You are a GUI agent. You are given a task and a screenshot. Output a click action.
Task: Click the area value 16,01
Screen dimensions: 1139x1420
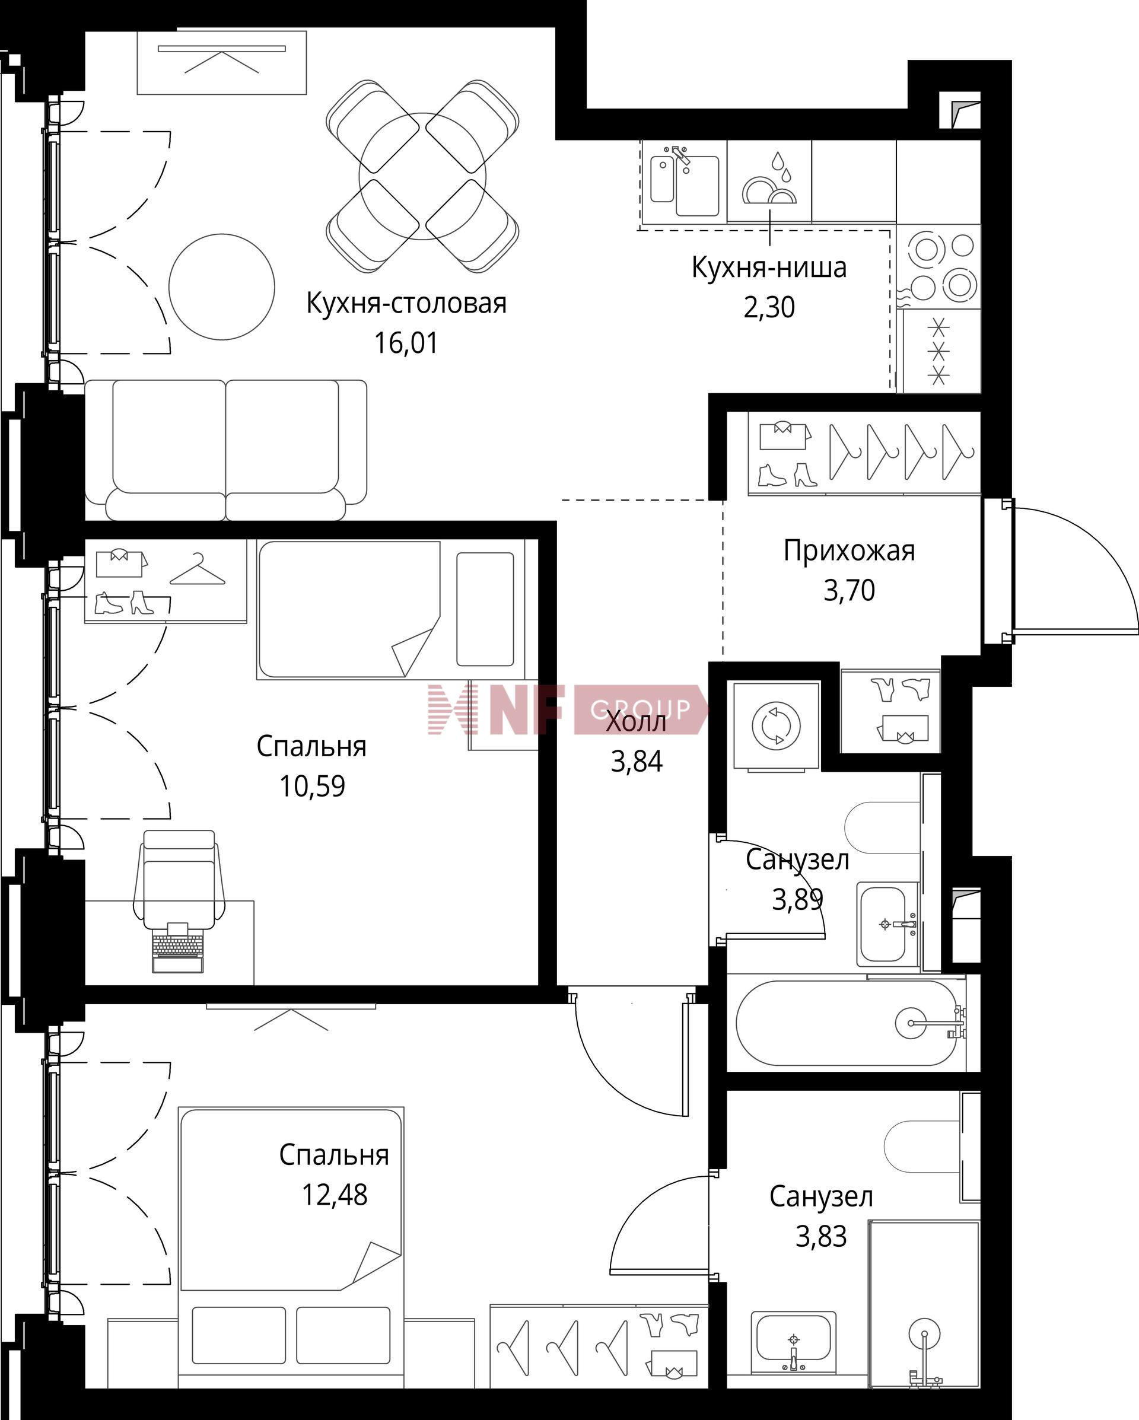[406, 343]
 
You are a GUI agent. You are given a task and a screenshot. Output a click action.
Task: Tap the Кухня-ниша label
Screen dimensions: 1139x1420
[769, 268]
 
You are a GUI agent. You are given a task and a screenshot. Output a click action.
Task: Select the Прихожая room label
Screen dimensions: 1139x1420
[849, 551]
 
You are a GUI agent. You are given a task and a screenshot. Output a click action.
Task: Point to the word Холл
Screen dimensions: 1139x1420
[637, 722]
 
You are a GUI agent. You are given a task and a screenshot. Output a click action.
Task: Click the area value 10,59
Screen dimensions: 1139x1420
[312, 786]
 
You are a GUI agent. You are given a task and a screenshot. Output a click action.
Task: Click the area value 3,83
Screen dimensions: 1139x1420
[821, 1236]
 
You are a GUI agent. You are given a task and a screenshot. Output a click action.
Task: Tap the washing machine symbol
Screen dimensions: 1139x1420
[777, 727]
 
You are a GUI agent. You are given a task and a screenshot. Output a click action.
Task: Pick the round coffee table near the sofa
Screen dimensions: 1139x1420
[221, 286]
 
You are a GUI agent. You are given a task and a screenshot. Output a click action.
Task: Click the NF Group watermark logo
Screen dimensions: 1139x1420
[567, 709]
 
